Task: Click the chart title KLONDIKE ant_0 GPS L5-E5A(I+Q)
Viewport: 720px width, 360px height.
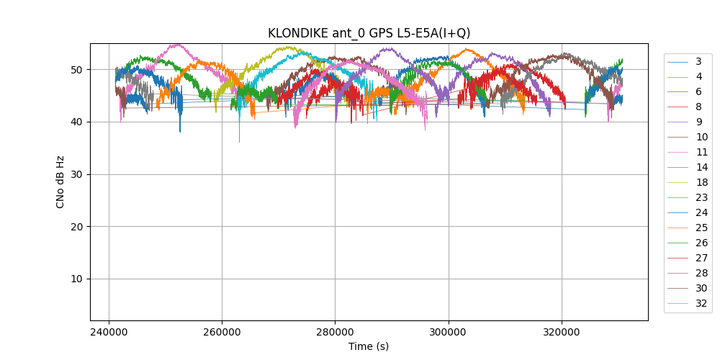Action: click(x=369, y=33)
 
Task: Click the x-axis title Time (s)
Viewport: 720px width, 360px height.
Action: click(x=369, y=346)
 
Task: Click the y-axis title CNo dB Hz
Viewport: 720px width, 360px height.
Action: click(x=60, y=181)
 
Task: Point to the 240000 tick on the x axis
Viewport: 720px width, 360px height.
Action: click(x=109, y=333)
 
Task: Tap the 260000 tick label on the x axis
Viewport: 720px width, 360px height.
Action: click(x=222, y=333)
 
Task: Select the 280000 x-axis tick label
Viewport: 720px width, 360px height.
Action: click(x=335, y=333)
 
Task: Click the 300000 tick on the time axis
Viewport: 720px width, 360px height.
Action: click(x=449, y=333)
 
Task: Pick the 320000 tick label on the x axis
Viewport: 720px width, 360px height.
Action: click(x=562, y=333)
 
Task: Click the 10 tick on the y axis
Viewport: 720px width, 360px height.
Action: click(x=76, y=279)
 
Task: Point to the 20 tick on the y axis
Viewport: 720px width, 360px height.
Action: click(x=76, y=227)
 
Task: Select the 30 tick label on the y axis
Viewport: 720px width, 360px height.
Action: click(x=76, y=174)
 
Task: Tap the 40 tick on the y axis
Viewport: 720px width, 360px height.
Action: click(x=76, y=122)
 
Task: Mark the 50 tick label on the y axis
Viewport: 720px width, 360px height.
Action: click(x=76, y=70)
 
